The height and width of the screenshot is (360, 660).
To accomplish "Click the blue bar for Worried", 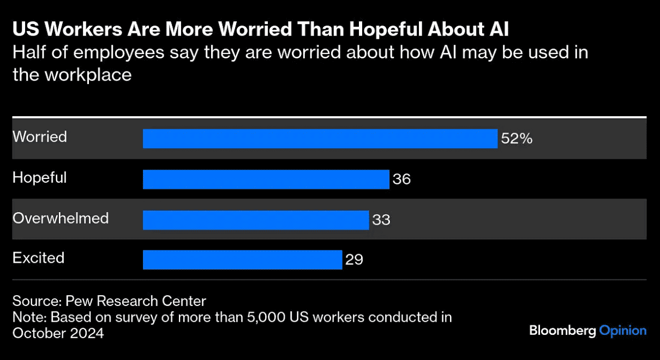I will [x=320, y=139].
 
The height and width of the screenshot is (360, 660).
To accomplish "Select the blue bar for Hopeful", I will [x=266, y=179].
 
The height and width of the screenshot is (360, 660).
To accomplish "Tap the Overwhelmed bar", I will [x=256, y=220].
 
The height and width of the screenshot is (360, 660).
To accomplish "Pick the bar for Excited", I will [x=242, y=260].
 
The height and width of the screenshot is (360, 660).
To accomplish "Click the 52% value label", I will [x=517, y=139].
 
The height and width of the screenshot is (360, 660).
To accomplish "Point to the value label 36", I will [x=401, y=179].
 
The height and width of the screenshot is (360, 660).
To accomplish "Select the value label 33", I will [x=381, y=220].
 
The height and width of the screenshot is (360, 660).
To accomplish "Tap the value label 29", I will [x=354, y=260].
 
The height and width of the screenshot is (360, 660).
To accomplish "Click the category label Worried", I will [x=40, y=137].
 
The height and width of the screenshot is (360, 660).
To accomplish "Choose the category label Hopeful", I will [x=40, y=178].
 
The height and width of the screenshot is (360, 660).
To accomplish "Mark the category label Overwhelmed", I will [x=61, y=218].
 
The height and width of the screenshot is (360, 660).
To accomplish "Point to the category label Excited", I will [x=38, y=258].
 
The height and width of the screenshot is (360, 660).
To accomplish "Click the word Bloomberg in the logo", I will [x=562, y=331].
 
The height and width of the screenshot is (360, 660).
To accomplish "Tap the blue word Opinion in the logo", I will [x=622, y=331].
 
